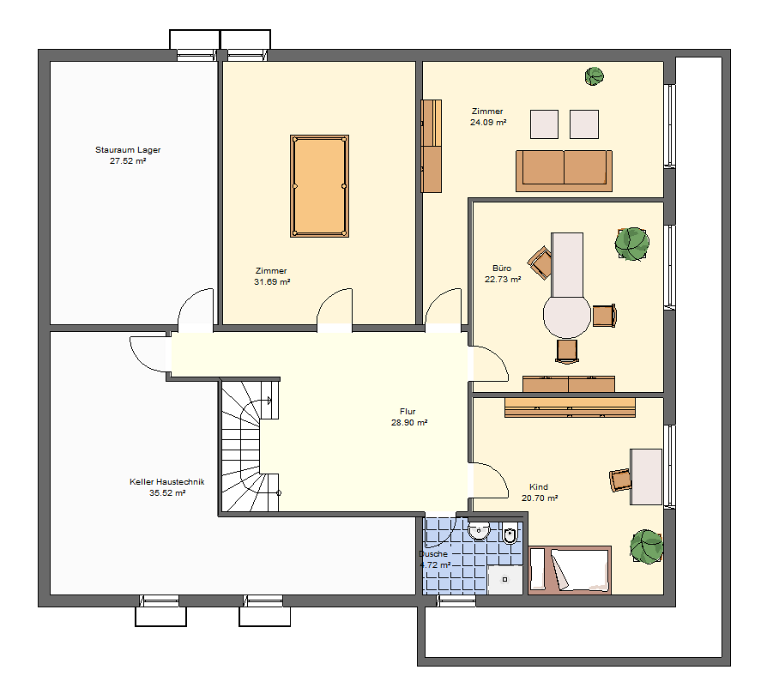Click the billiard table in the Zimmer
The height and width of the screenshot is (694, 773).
pos(319,186)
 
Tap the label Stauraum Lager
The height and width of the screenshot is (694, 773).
pos(128,150)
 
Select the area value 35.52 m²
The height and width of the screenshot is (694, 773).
pos(167,493)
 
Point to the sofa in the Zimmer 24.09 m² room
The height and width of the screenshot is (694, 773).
pos(564,171)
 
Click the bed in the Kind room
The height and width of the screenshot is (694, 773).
pos(570,570)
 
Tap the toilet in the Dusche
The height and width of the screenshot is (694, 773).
pos(510,534)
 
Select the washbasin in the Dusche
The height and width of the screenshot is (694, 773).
pos(478,530)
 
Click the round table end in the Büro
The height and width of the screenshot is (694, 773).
pos(567,316)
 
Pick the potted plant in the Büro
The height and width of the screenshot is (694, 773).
pos(631,244)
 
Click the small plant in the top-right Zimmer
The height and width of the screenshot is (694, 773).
pos(594,76)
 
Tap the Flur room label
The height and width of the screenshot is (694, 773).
pos(408,412)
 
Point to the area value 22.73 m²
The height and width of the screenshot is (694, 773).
pos(503,280)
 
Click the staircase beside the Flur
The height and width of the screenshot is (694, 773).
pos(250,445)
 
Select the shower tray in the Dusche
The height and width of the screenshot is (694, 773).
pos(504,580)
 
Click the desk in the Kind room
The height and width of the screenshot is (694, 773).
pos(646,477)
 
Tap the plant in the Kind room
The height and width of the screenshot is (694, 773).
pos(646,546)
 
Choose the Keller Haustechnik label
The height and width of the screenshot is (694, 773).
pos(166,482)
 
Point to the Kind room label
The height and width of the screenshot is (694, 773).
pos(539,487)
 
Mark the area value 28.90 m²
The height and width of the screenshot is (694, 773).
pos(408,423)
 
